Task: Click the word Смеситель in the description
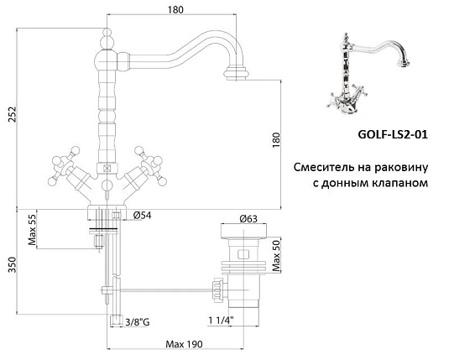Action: [x=323, y=167]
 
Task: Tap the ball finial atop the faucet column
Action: [x=108, y=40]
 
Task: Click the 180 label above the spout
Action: [x=175, y=10]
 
